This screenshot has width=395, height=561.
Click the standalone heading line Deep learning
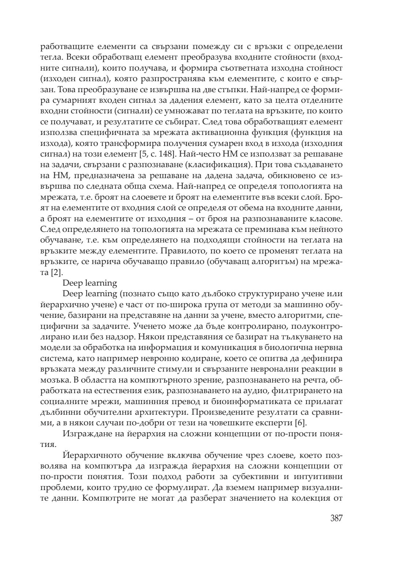(90, 283)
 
